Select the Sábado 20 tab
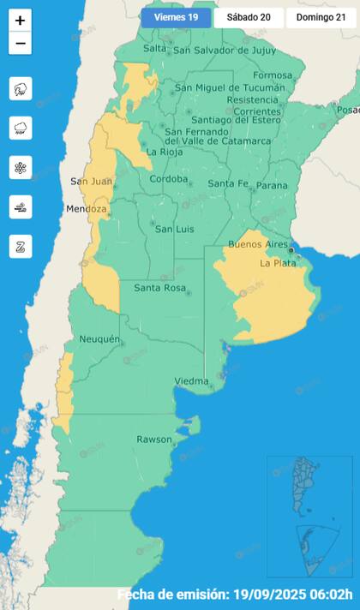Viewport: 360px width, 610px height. point(248,18)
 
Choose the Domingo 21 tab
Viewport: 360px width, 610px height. point(321,18)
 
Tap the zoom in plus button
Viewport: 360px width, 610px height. point(21,21)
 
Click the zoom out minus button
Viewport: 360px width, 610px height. point(21,43)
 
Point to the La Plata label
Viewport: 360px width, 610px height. point(278,264)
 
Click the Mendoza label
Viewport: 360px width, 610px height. point(87,210)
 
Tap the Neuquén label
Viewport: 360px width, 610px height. point(99,340)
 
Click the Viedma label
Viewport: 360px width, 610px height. point(191,381)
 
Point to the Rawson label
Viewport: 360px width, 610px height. point(154,440)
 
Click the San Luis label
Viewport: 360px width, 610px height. point(171,229)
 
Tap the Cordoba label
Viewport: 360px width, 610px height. point(168,179)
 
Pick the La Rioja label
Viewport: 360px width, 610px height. point(163,152)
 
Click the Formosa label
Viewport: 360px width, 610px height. point(273,75)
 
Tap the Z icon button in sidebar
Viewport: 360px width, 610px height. point(21,247)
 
